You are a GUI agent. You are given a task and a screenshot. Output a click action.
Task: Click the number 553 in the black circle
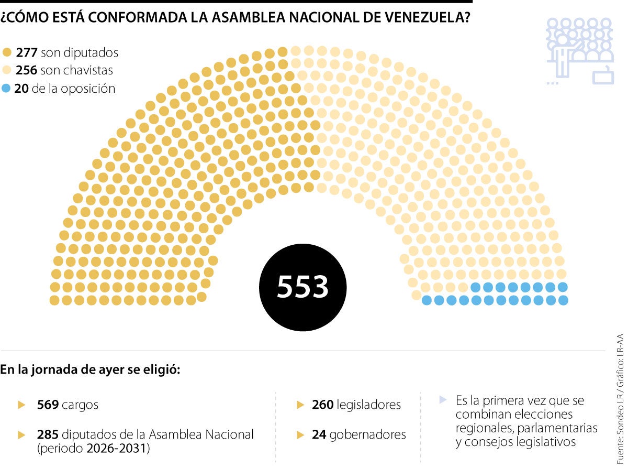tap(302, 287)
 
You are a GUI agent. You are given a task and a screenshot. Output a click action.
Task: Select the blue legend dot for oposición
tap(6, 89)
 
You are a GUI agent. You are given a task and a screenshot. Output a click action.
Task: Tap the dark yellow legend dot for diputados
tap(6, 52)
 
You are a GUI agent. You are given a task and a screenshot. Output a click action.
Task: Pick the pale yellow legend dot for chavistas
tap(6, 70)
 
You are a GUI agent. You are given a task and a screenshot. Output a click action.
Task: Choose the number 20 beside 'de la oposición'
tap(21, 89)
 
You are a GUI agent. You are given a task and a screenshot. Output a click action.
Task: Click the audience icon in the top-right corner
tap(579, 50)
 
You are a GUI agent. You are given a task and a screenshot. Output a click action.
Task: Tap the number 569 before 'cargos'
tap(48, 405)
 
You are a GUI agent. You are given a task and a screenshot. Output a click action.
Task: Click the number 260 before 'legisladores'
tap(323, 405)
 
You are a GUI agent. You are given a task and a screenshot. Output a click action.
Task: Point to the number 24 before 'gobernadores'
tap(320, 434)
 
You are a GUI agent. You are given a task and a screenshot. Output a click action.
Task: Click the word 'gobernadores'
tap(369, 434)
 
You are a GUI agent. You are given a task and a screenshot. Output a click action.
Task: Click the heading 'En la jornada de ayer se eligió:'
tap(90, 369)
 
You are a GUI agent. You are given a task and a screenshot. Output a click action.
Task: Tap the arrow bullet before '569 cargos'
tap(21, 405)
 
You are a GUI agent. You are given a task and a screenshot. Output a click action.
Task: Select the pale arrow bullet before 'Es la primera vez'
tap(443, 400)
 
